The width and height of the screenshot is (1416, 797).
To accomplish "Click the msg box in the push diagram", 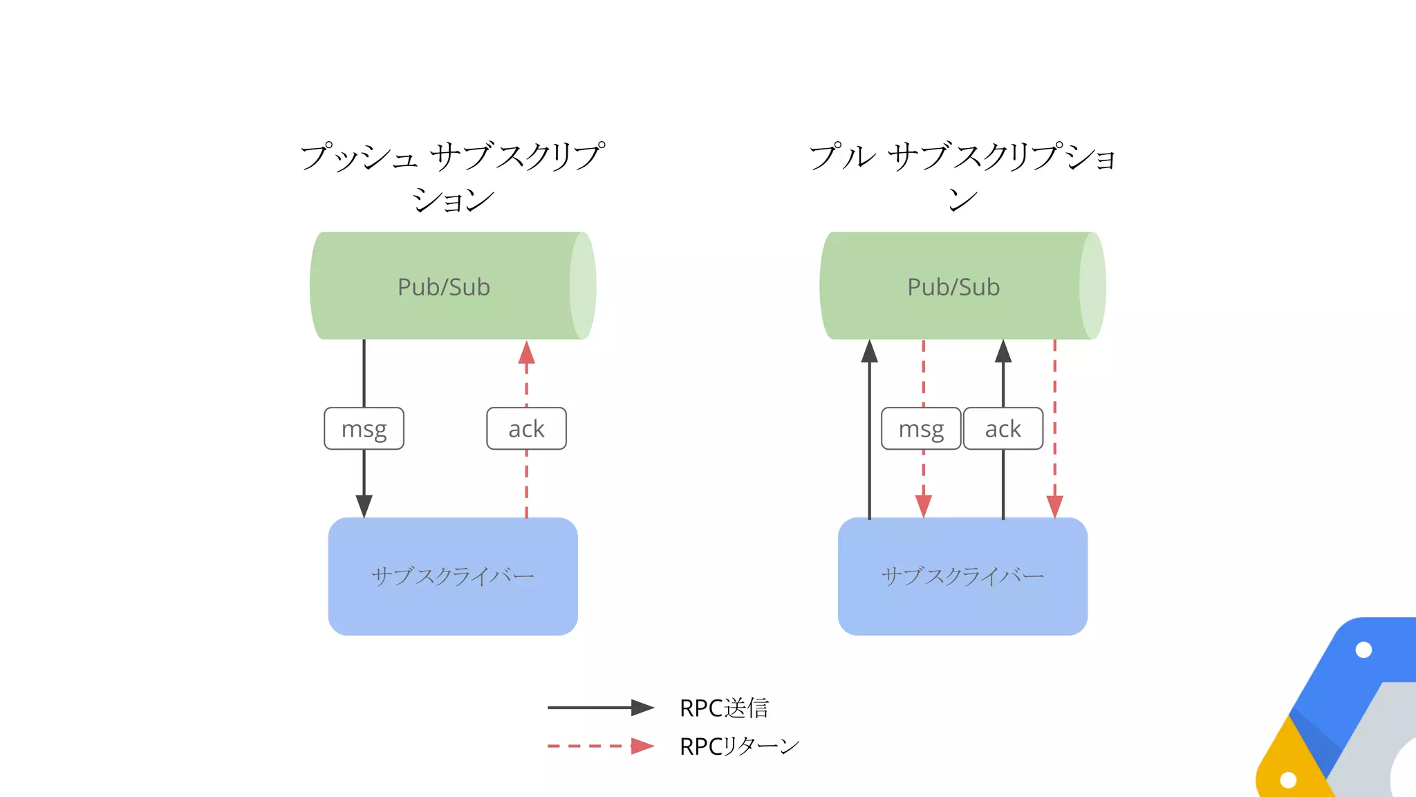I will tap(364, 429).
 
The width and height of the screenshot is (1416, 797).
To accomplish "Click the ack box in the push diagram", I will tap(526, 429).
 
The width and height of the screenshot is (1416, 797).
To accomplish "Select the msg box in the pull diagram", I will tap(921, 429).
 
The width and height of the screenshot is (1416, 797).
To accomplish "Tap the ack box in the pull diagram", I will tap(1003, 429).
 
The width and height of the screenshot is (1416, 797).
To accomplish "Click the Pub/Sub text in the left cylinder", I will tap(444, 286).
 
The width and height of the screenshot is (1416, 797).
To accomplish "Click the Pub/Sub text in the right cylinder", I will tap(953, 286).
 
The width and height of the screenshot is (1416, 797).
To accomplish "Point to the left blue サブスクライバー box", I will tap(453, 576).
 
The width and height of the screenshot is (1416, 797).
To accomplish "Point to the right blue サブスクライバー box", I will tap(962, 576).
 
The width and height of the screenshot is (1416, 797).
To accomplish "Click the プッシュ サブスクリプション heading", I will tap(453, 176).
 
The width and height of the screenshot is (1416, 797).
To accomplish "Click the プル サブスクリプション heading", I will tap(962, 176).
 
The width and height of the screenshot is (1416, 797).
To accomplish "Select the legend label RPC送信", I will tap(724, 708).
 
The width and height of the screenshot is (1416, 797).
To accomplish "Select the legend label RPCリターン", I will tap(739, 746).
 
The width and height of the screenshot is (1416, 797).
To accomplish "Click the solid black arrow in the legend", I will tap(600, 707).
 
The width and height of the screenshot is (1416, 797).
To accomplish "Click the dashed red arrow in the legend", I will tap(600, 746).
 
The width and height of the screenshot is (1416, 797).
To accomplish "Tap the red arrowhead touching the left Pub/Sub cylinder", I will tap(526, 353).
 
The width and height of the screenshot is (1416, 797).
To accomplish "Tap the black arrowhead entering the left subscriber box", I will tap(364, 506).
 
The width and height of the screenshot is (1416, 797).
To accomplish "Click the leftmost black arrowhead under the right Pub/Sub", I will tap(869, 352).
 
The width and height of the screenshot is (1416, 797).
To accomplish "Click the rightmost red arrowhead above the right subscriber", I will tap(1054, 506).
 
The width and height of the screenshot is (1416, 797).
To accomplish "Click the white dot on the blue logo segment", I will tap(1363, 650).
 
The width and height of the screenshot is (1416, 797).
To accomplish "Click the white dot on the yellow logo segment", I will tap(1288, 780).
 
